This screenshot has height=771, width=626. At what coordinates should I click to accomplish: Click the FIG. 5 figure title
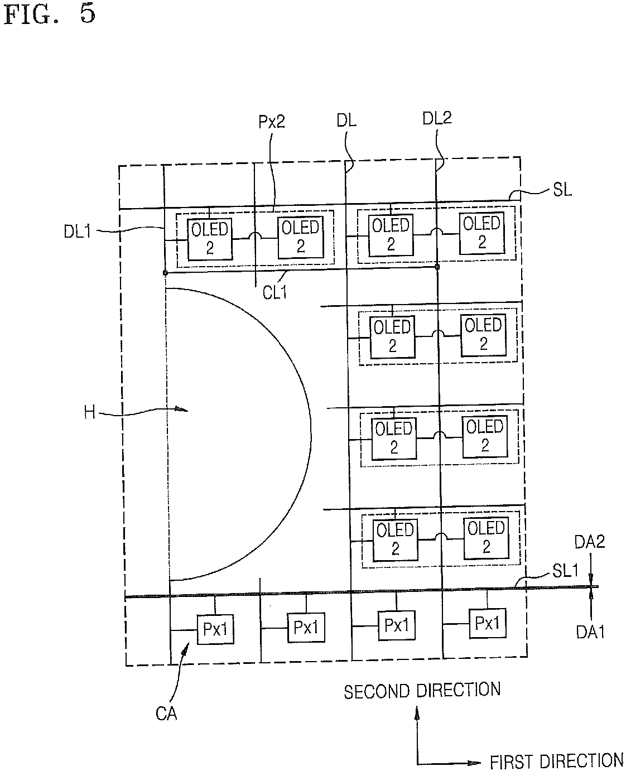point(50,14)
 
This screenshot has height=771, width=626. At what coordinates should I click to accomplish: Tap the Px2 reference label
point(272,122)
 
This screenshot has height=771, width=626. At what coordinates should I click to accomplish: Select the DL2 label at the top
point(437,118)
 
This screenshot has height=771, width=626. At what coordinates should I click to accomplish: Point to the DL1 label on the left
point(77,232)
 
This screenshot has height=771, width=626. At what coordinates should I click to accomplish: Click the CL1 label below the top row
point(275,292)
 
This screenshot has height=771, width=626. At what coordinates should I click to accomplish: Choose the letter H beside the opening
point(89,412)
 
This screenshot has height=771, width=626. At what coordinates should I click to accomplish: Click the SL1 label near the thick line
point(565,571)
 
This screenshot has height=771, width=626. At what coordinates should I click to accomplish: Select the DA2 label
point(590,542)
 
